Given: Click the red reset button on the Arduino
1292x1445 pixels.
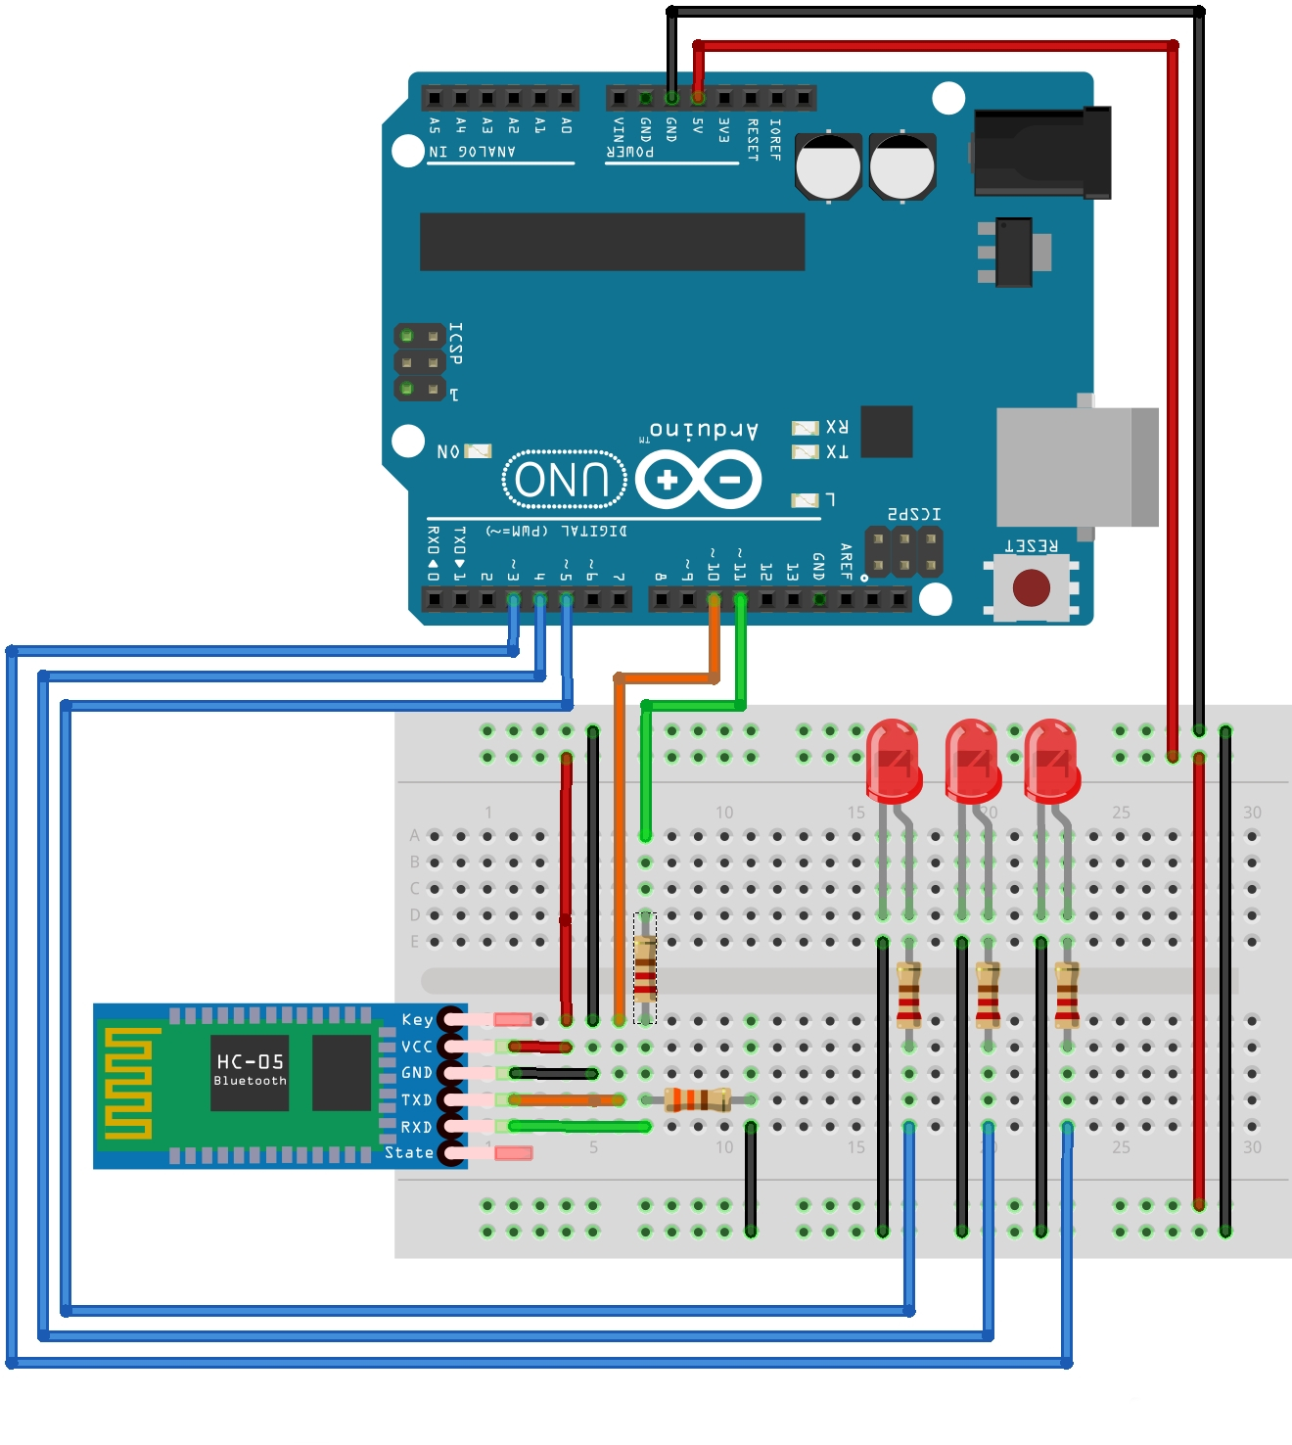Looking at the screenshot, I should (1031, 587).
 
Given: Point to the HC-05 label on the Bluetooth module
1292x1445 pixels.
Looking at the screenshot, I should (250, 1062).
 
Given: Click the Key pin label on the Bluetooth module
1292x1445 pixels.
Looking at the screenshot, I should (417, 1020).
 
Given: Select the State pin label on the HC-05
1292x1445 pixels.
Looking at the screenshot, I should (409, 1153).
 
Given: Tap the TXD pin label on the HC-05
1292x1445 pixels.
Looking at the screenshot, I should (416, 1100).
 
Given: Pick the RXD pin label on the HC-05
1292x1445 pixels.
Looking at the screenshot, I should (416, 1127).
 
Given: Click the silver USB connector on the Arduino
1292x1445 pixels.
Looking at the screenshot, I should (1077, 467).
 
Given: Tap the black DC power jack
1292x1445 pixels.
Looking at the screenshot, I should (1042, 153).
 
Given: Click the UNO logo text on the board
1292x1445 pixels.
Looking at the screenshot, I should (564, 480).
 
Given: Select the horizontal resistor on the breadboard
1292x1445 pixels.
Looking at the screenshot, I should (698, 1099).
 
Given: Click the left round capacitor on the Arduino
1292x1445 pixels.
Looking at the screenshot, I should (828, 166).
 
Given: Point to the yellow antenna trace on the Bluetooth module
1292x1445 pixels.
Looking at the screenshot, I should (129, 1084).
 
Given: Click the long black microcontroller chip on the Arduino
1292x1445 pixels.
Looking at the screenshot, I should (612, 242).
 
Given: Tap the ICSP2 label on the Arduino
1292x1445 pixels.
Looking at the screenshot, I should (914, 514).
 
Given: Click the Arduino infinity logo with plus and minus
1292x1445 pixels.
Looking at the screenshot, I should (698, 480).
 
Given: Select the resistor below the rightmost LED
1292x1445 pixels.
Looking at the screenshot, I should (1067, 993).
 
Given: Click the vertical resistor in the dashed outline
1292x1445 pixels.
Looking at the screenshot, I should (644, 967).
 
